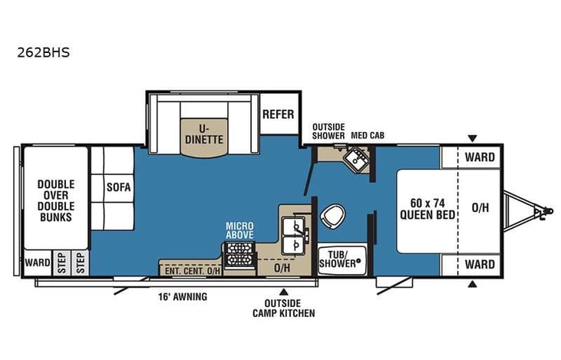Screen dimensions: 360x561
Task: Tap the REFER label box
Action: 279,114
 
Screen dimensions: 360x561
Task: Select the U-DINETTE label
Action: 204,134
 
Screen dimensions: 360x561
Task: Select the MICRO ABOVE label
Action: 239,230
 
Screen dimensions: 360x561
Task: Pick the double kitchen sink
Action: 295,235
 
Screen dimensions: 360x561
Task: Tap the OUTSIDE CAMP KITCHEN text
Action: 283,309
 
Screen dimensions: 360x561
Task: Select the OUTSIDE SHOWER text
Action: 328,131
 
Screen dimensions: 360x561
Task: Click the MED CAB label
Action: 368,136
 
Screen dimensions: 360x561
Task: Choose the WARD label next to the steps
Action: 36,263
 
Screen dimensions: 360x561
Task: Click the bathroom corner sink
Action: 355,159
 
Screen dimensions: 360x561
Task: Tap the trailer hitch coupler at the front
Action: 544,209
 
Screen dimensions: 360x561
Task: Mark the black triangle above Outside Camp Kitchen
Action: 283,292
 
